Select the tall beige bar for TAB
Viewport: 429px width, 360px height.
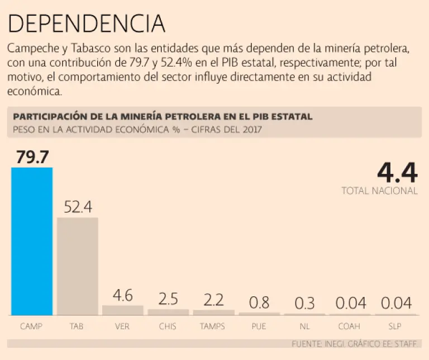78,266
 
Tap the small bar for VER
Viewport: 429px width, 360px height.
122,310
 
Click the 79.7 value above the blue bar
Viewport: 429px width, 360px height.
32,157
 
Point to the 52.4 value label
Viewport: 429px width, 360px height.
78,207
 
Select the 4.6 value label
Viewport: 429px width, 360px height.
122,295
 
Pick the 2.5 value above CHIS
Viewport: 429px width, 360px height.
168,299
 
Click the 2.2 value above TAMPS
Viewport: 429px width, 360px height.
213,300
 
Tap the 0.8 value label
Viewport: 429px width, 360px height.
259,302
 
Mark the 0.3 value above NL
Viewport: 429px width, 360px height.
304,304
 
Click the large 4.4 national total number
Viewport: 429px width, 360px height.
397,173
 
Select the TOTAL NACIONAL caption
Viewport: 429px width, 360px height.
379,191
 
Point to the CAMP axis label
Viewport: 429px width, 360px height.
31,325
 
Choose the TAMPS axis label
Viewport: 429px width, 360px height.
213,325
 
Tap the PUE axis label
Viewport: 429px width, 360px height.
259,325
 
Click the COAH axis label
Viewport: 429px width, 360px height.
350,325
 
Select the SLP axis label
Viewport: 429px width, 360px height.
396,325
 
